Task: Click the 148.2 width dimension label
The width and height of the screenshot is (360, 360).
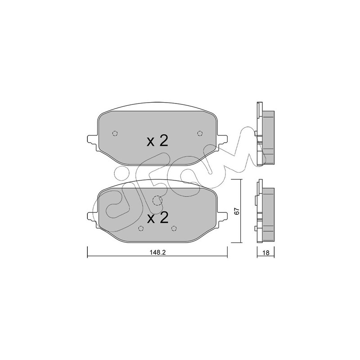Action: pos(158,252)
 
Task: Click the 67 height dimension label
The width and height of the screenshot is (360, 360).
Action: pos(238,211)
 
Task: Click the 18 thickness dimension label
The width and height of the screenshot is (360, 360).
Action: pos(265,253)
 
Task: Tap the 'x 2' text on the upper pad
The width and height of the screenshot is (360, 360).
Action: pos(157,141)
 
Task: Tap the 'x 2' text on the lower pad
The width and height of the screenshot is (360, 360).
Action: pos(157,218)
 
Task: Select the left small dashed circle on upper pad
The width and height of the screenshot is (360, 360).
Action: pos(115,133)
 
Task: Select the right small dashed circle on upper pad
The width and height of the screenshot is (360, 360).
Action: pos(200,133)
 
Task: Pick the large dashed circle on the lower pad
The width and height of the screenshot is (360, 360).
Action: pos(157,201)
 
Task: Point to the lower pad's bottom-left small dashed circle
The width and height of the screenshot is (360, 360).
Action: pos(141,228)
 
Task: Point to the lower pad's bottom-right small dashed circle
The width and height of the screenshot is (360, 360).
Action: pos(174,228)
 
